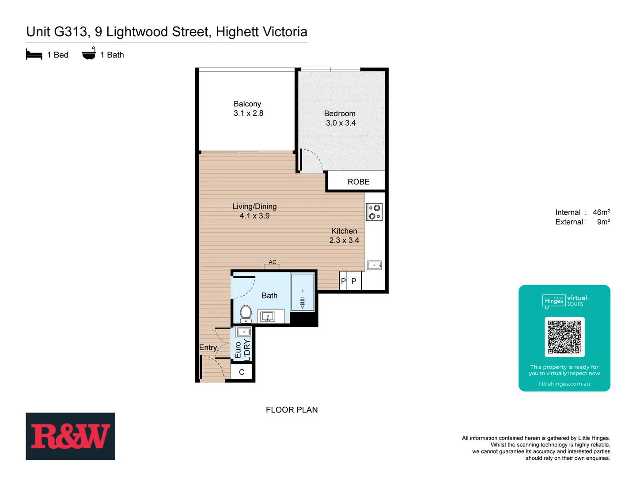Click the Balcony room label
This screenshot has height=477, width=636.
(x=247, y=104)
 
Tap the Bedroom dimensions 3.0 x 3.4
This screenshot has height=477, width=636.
(x=341, y=123)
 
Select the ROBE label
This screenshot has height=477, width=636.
(x=358, y=182)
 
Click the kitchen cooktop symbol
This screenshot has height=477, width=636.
(x=374, y=212)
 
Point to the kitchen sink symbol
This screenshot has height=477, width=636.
(x=374, y=265)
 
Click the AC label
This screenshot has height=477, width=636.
(x=273, y=262)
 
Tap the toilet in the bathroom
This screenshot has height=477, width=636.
(x=246, y=314)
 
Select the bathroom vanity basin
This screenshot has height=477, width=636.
(x=267, y=317)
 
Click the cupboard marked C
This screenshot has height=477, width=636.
(x=242, y=372)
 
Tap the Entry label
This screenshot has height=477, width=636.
(x=208, y=348)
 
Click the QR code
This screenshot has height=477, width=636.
(x=564, y=337)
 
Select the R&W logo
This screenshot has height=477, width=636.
(x=70, y=436)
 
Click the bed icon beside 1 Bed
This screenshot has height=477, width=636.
(x=34, y=55)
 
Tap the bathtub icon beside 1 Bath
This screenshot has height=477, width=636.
(x=89, y=54)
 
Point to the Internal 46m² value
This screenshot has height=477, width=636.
(x=601, y=212)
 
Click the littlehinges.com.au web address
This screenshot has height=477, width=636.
(x=564, y=384)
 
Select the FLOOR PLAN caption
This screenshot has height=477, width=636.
(x=291, y=410)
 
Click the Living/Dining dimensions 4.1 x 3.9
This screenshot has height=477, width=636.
(x=254, y=216)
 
